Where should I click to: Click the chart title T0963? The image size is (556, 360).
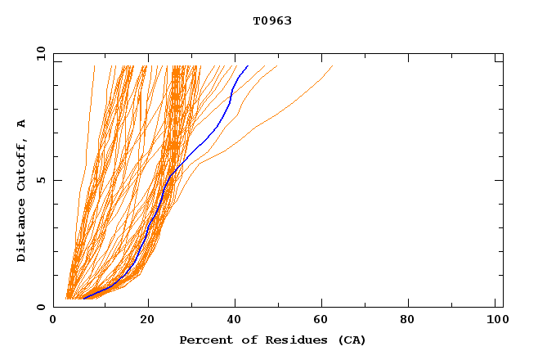tap(272, 21)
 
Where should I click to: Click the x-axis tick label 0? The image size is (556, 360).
tap(53, 322)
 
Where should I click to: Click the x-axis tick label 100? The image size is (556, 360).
tap(495, 322)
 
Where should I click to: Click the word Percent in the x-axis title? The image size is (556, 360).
tap(204, 340)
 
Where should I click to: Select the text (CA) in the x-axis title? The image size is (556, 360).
tap(350, 340)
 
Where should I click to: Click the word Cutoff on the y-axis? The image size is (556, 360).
tap(22, 160)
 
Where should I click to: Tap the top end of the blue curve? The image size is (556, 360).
tap(248, 65)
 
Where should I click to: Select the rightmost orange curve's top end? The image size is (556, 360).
tap(333, 65)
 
